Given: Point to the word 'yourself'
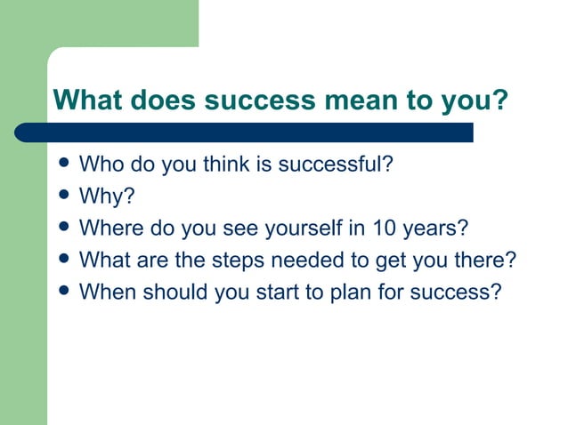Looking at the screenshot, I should pyautogui.click(x=304, y=229).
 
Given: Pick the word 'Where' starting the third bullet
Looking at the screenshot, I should pyautogui.click(x=106, y=229).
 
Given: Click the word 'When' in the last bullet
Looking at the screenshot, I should pyautogui.click(x=103, y=291).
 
